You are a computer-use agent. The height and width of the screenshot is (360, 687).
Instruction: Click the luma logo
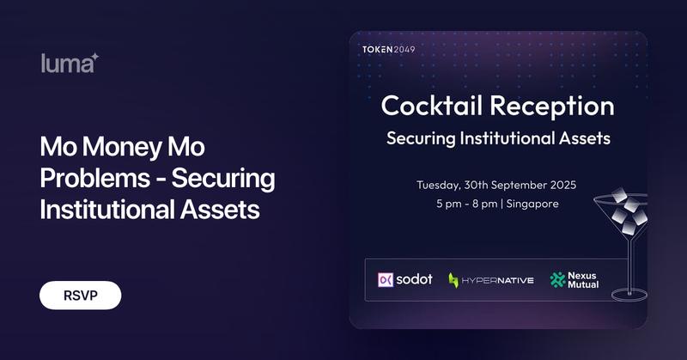[x=70, y=63]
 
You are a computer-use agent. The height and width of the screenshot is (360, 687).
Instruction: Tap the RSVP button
[x=80, y=295]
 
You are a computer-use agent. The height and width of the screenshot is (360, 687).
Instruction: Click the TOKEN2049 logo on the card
[x=389, y=50]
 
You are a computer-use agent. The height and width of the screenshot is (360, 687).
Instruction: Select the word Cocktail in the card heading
[x=431, y=107]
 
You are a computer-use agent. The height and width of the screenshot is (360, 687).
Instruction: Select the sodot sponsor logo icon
[x=386, y=279]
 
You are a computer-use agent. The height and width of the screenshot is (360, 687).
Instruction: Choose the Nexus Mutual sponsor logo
[x=574, y=279]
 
